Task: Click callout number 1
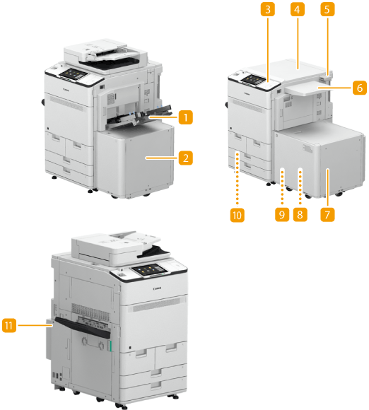click(186, 117)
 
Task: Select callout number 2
click(186, 158)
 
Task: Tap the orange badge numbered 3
click(267, 9)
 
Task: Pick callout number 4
click(298, 9)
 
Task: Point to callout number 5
click(327, 9)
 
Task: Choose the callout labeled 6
click(360, 88)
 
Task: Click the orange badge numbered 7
click(327, 215)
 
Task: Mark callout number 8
click(300, 215)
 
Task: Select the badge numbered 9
click(282, 215)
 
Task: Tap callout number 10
click(238, 215)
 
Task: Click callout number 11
click(9, 325)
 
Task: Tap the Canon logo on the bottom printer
click(157, 288)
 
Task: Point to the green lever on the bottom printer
click(110, 346)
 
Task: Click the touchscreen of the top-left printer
click(74, 74)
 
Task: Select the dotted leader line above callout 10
click(238, 179)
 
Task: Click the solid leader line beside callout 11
click(35, 325)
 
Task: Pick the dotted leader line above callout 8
click(300, 187)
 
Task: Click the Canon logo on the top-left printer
click(66, 90)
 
